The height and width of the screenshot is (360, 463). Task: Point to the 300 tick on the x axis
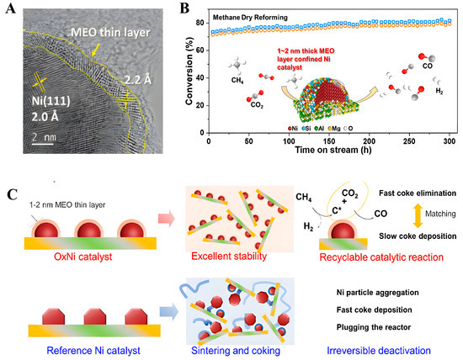click(x=449, y=161)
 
